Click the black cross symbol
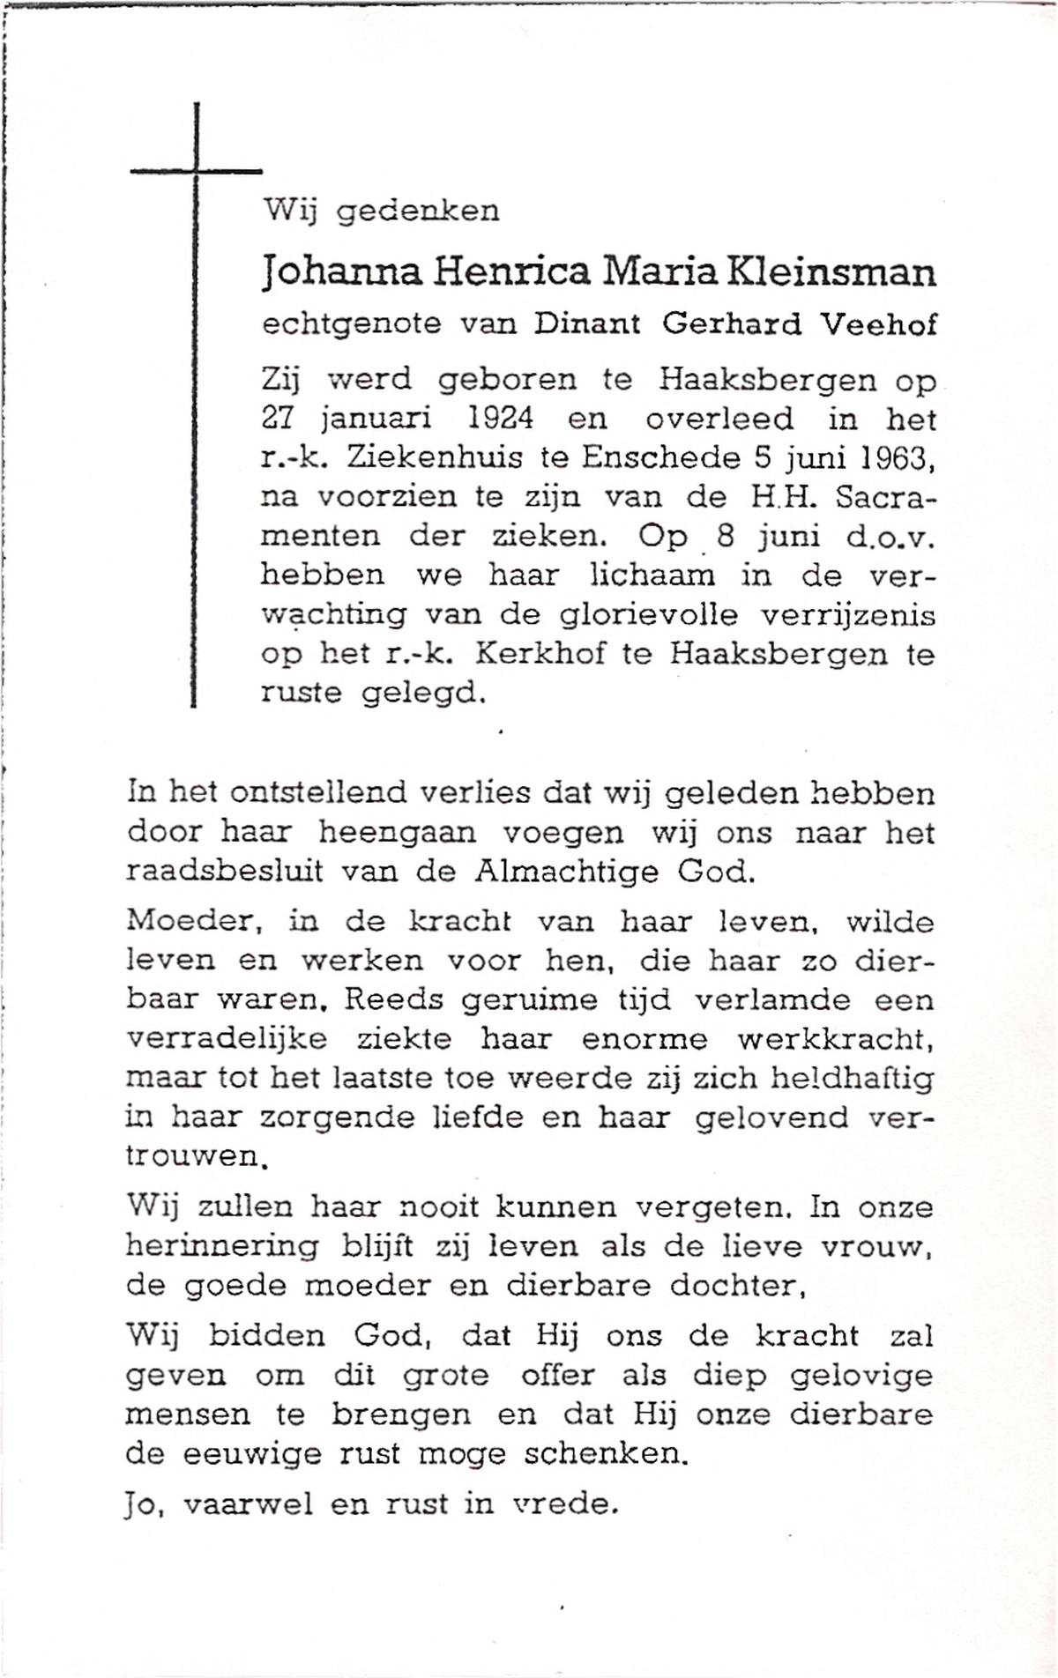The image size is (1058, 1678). coord(195,170)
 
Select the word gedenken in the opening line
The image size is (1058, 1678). coord(419,212)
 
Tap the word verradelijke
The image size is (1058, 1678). coord(227,1040)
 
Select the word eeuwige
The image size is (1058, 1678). coord(251,1454)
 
